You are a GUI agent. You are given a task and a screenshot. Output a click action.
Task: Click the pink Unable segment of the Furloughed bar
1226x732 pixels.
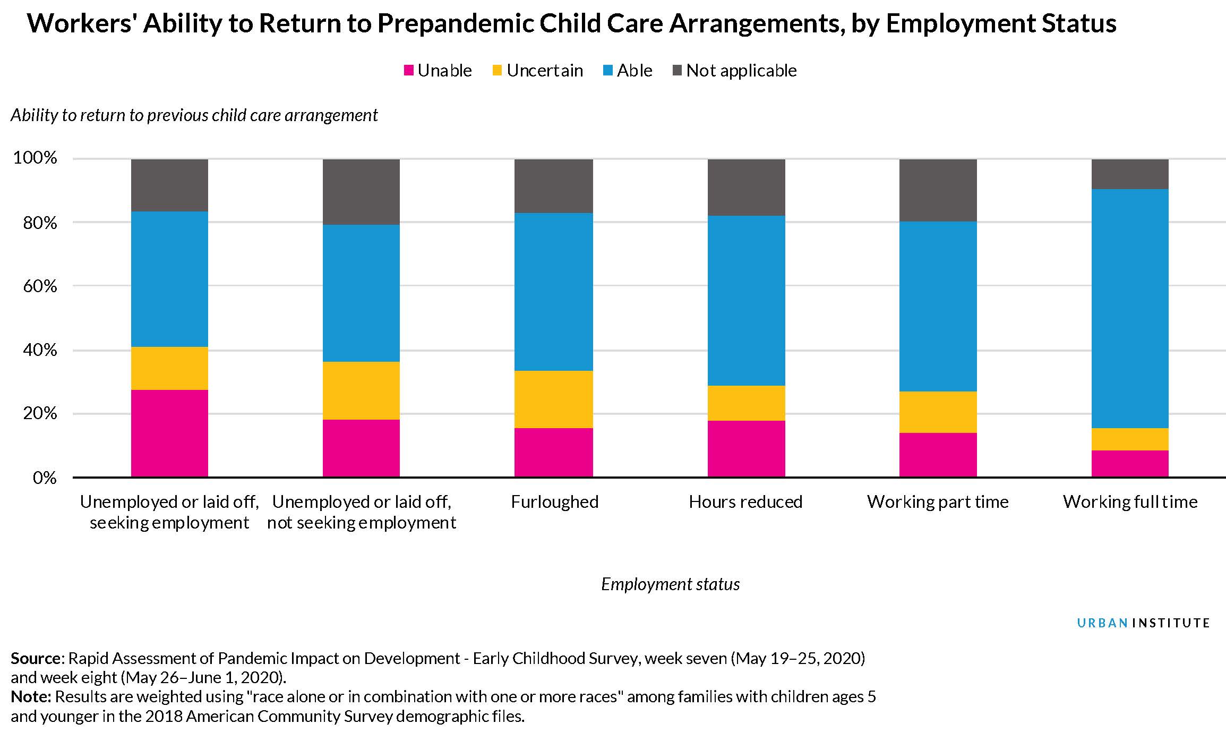pyautogui.click(x=553, y=452)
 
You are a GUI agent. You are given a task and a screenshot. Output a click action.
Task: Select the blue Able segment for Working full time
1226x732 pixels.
pyautogui.click(x=1129, y=308)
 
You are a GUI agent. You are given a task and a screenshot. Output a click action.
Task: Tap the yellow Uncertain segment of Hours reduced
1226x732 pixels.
pyautogui.click(x=746, y=403)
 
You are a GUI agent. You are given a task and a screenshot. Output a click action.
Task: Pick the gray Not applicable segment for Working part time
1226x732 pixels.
pyautogui.click(x=938, y=190)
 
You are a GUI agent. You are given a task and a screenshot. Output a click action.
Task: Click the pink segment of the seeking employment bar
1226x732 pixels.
pyautogui.click(x=169, y=433)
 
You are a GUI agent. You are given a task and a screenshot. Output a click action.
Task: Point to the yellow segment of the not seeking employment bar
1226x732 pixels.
pyautogui.click(x=361, y=390)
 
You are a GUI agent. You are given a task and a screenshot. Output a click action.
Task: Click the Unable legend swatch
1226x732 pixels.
pyautogui.click(x=408, y=70)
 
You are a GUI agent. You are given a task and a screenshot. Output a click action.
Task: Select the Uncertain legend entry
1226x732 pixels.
pyautogui.click(x=544, y=70)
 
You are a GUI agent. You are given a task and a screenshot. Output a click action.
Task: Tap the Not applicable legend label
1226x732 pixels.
pyautogui.click(x=741, y=70)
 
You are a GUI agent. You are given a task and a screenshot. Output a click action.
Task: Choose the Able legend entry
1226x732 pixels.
pyautogui.click(x=634, y=70)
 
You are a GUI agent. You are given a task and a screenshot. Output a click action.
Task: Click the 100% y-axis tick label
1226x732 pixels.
pyautogui.click(x=35, y=158)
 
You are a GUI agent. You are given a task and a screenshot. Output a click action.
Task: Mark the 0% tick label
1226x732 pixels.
pyautogui.click(x=44, y=478)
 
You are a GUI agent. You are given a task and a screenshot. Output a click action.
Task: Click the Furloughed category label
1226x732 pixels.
pyautogui.click(x=554, y=501)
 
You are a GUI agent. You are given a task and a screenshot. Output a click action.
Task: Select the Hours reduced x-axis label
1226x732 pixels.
pyautogui.click(x=745, y=501)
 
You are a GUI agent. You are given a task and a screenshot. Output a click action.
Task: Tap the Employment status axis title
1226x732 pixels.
pyautogui.click(x=670, y=584)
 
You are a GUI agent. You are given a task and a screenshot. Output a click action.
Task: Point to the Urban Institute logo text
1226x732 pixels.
pyautogui.click(x=1143, y=623)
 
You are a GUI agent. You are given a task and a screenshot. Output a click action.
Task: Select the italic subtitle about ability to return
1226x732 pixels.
pyautogui.click(x=194, y=115)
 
